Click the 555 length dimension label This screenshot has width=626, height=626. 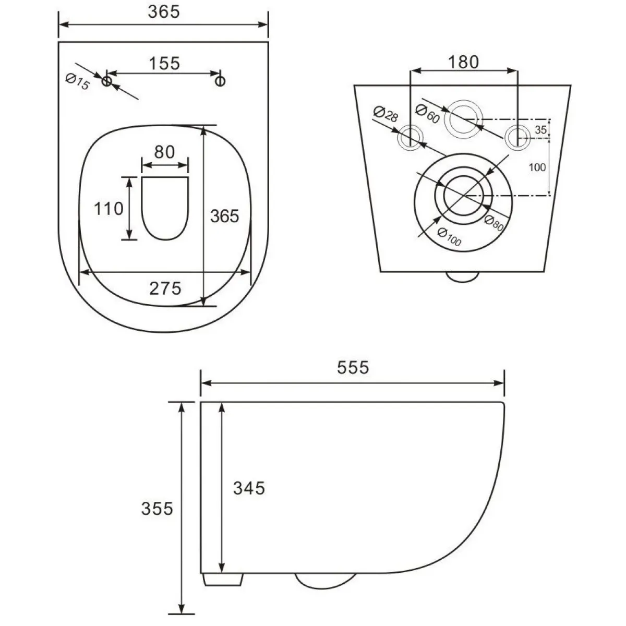click(x=353, y=367)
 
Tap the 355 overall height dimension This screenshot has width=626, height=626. click(x=157, y=509)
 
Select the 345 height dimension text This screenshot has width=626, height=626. click(x=249, y=488)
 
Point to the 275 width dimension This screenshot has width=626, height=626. click(x=165, y=288)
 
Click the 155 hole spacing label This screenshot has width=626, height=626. click(x=164, y=63)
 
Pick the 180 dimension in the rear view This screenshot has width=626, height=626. click(x=463, y=62)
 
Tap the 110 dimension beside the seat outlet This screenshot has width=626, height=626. click(x=109, y=209)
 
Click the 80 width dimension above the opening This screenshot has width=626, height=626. click(x=164, y=152)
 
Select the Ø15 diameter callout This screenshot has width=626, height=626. click(x=77, y=81)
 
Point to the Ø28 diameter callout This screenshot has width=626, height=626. click(x=386, y=114)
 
